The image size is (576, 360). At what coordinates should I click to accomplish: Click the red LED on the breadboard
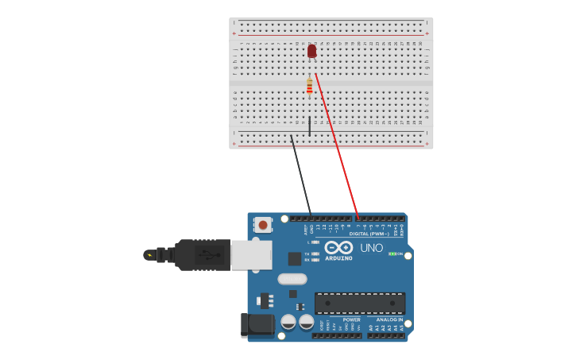311,51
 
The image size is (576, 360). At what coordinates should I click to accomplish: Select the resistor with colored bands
309,86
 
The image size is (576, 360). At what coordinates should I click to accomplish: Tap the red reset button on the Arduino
263,225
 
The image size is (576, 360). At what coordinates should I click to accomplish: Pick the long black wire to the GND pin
300,175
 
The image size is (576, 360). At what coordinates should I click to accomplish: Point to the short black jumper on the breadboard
309,126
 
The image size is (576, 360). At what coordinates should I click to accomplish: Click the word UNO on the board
372,248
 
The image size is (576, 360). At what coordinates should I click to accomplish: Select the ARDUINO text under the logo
338,258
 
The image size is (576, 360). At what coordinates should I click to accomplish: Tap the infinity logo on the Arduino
338,247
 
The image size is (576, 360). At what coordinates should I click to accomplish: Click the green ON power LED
392,254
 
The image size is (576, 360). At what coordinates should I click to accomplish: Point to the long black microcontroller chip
360,303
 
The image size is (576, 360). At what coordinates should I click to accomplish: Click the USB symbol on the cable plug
209,255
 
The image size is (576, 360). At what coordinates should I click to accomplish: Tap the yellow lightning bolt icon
149,255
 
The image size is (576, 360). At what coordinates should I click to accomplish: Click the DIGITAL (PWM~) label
369,234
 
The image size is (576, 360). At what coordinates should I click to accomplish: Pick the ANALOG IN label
389,319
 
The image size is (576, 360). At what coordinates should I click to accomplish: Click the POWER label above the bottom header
351,319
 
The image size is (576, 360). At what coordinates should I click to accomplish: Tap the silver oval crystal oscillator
292,279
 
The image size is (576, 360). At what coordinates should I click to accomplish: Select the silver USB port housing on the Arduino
251,255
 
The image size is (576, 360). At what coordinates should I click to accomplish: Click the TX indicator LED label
307,254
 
